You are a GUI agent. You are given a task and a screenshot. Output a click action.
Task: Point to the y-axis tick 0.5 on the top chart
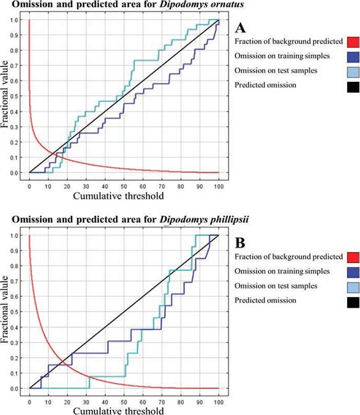15,96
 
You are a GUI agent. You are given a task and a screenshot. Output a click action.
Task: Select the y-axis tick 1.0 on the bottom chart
15,236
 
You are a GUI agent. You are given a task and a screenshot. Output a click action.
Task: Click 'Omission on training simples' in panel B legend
280,271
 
